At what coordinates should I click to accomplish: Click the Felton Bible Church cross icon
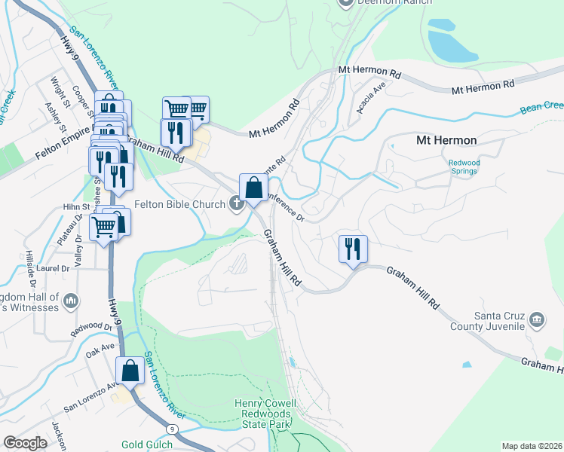(x=236, y=203)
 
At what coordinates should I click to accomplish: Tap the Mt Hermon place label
(x=446, y=140)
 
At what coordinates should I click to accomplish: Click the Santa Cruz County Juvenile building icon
(x=536, y=319)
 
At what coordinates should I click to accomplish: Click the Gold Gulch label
(x=146, y=444)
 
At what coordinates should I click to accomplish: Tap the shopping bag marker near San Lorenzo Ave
(x=130, y=371)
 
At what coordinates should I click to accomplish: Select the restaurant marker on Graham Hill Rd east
(x=353, y=249)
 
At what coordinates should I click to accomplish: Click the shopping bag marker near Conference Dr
(x=254, y=188)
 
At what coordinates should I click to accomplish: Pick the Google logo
(x=25, y=443)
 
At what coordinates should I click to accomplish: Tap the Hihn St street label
(x=76, y=206)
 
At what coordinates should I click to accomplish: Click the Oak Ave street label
(x=100, y=350)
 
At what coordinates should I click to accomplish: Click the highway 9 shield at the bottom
(x=173, y=429)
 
